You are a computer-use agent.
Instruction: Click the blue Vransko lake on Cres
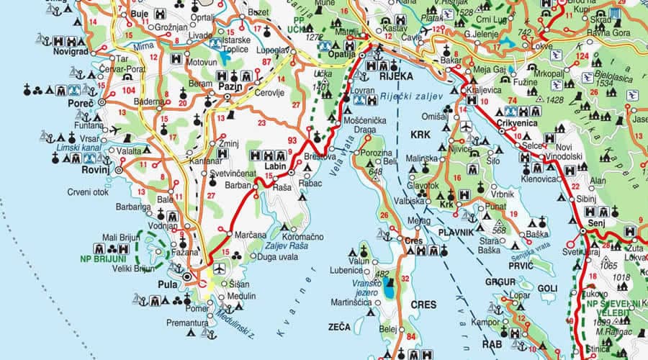click(x=390, y=291)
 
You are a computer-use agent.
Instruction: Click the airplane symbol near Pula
click(x=219, y=269)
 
